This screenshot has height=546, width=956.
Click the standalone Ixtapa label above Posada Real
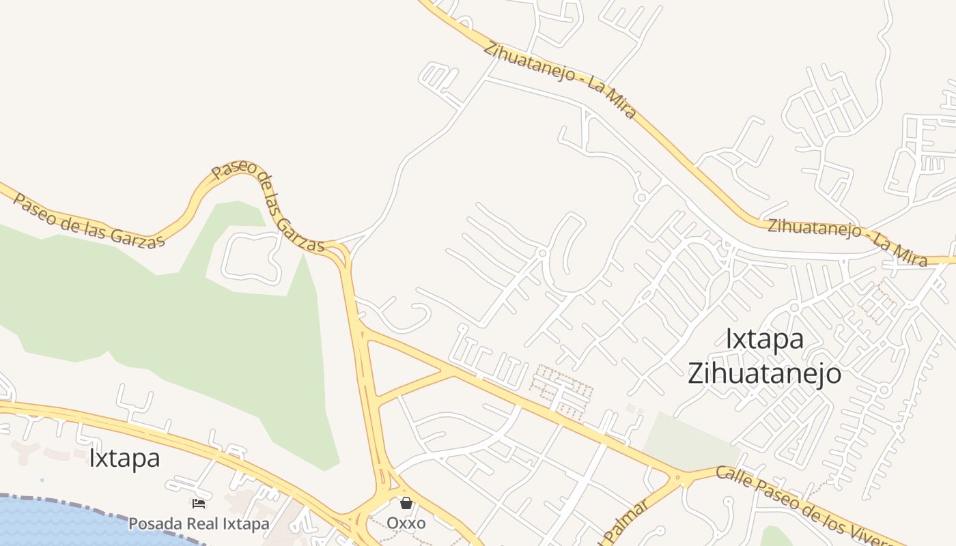pos(124,458)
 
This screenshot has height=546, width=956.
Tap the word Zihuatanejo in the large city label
pos(764,374)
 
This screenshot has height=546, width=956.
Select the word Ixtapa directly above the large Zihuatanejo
pos(764,339)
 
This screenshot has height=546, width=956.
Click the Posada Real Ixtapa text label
pos(199,524)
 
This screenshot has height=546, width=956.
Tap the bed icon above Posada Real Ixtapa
pos(199,504)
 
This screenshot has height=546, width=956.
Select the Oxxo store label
pos(406,523)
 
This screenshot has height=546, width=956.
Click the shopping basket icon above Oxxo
pos(406,503)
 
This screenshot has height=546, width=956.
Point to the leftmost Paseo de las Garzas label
pos(89,221)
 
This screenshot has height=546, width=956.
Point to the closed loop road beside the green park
pos(251,257)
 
